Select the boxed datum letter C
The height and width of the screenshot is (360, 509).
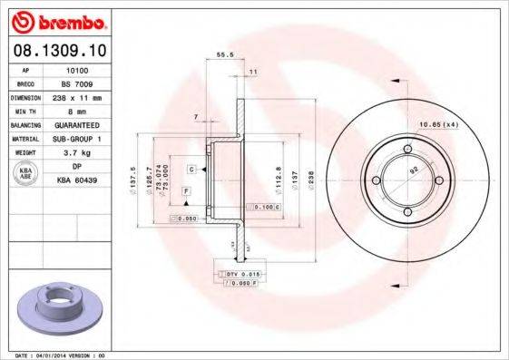[193, 170]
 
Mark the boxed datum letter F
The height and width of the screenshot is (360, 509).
[186, 191]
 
